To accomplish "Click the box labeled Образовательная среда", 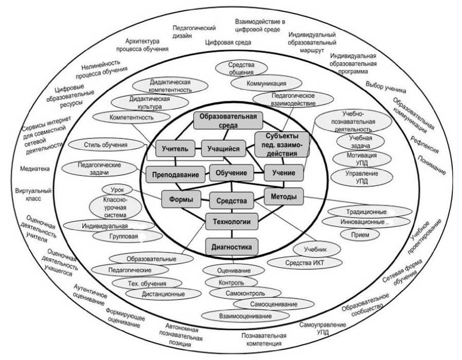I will pos(228,120).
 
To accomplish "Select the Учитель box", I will pos(175,149).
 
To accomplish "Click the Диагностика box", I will pos(231,247).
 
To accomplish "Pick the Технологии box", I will pos(231,222).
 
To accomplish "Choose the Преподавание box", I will pos(175,175).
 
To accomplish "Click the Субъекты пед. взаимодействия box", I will pos(282,145).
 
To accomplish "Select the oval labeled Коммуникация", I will pos(266,83).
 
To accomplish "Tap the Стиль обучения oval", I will pos(105,145).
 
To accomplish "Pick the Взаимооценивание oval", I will pos(237,315).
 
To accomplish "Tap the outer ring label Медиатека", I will pos(32,168).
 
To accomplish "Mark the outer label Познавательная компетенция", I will pos(263,339).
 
